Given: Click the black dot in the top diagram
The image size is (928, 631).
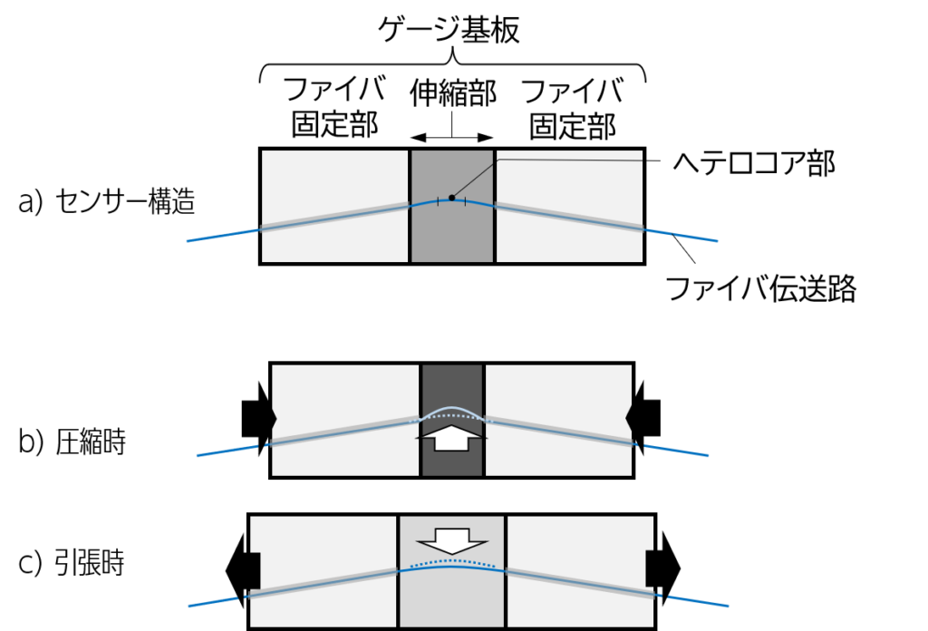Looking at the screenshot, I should pyautogui.click(x=451, y=198).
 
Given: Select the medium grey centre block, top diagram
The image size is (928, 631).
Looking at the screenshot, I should pyautogui.click(x=452, y=236).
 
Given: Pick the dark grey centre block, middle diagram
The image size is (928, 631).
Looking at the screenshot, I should pyautogui.click(x=452, y=385).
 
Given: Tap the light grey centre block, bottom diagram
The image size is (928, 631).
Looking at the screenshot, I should pyautogui.click(x=452, y=598).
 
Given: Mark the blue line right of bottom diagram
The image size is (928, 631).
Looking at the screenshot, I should pyautogui.click(x=698, y=601).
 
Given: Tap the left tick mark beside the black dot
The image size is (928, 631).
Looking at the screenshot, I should pyautogui.click(x=439, y=201).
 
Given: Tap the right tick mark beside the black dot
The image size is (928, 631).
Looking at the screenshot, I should pyautogui.click(x=465, y=201).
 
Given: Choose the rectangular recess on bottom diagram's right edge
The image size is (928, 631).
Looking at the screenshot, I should pyautogui.click(x=649, y=568).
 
